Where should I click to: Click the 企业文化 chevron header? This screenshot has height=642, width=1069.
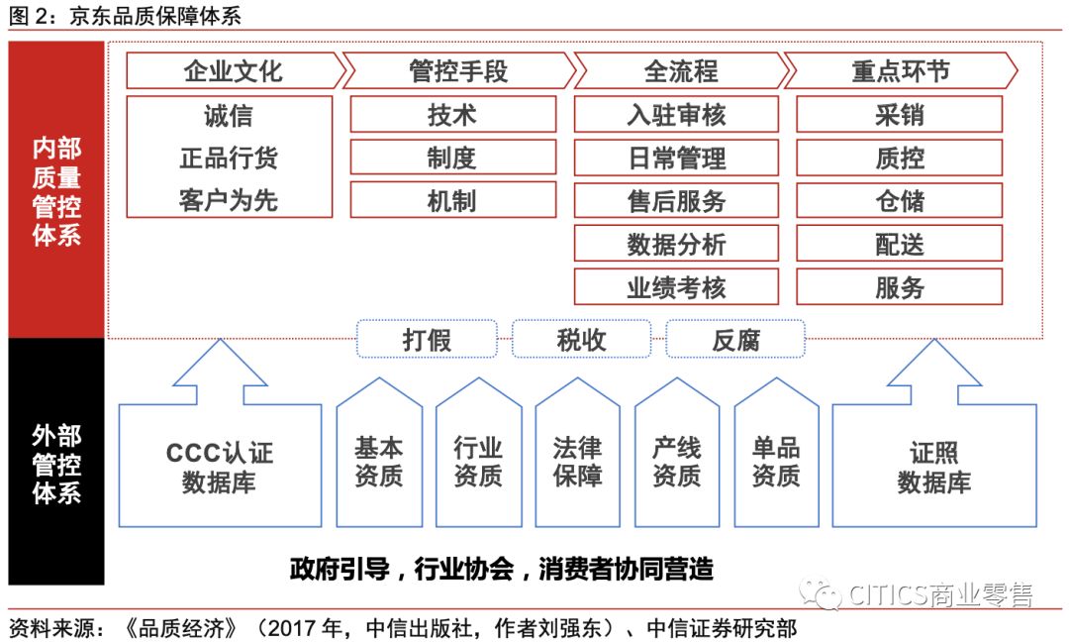234,71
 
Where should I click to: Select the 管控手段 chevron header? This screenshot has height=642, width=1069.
457,71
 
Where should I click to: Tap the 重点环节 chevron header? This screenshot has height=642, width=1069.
900,71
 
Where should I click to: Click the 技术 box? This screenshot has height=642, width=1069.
451,115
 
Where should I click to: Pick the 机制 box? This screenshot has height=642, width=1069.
451,200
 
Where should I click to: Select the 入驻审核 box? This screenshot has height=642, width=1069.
676,115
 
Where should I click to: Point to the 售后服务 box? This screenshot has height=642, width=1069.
676,200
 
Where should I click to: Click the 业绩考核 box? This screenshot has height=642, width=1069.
676,287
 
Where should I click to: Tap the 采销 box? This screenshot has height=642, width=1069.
899,115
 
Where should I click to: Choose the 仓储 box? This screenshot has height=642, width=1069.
899,200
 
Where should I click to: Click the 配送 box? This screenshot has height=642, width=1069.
899,244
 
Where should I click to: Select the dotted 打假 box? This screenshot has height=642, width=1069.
427,340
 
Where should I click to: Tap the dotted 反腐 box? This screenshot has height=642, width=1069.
735,340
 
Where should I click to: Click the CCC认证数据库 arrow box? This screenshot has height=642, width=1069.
220,466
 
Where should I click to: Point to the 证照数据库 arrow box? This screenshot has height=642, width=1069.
933,466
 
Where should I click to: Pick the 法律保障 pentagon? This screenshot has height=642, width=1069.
577,461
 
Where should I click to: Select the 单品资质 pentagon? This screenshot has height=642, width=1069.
775,461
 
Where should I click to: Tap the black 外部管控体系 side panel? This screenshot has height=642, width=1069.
56,463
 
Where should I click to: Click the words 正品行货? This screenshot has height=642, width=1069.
229,159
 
